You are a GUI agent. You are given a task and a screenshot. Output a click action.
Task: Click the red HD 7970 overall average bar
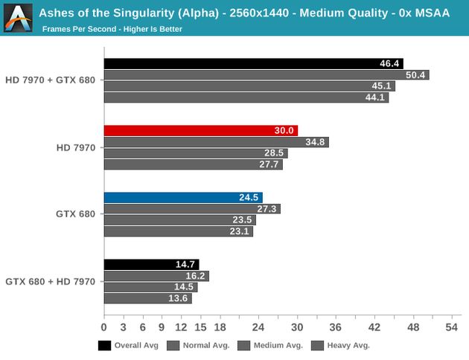coord(200,131)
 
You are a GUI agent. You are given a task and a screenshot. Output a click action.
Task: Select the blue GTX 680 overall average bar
coord(182,198)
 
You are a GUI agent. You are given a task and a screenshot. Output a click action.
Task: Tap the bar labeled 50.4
coord(266,75)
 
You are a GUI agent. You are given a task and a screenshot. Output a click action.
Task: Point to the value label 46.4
coord(390,64)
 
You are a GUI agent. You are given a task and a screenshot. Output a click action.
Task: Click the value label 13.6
coord(179,298)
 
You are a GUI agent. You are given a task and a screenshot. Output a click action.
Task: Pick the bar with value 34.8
coord(216,142)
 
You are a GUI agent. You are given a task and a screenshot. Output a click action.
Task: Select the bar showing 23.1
coord(178,231)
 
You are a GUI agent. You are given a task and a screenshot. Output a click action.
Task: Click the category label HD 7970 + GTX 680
coord(50,80)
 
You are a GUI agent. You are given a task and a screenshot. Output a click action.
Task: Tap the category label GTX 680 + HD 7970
coord(50,281)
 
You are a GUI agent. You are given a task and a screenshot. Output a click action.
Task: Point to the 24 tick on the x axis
coord(258,327)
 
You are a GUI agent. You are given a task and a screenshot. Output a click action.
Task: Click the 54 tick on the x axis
coord(451,327)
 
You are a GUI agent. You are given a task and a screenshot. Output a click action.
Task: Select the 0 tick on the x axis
coord(104,327)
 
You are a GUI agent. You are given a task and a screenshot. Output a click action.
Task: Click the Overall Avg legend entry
coord(131,345)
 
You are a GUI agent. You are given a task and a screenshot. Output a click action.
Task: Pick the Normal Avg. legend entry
coord(202,345)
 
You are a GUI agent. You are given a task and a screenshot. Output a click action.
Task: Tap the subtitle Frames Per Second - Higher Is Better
coord(112,29)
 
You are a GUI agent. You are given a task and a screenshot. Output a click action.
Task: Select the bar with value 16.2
coord(156,276)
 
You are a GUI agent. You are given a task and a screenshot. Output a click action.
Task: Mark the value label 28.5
coord(275,153)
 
